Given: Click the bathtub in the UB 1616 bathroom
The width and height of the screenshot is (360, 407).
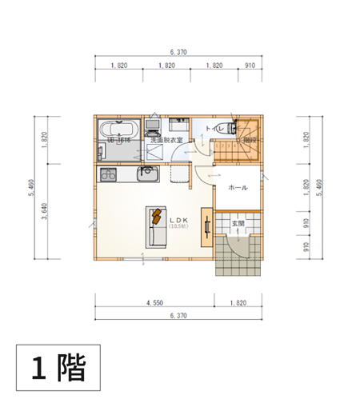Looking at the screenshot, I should click(x=119, y=129).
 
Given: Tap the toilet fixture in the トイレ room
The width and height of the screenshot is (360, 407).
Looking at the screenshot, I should click(x=231, y=128).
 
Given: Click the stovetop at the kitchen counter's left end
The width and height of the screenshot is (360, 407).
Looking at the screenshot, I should click(x=108, y=174).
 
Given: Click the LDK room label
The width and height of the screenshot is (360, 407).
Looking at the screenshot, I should click(x=178, y=219).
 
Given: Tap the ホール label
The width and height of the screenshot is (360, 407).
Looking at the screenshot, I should click(x=238, y=188).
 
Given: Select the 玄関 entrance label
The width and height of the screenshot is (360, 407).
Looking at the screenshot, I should click(x=238, y=223).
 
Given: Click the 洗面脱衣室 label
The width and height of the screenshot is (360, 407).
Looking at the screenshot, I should click(x=166, y=140).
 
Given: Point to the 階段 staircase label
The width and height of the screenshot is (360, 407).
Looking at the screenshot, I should click(x=250, y=141).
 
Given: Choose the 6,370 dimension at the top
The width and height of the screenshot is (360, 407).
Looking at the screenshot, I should click(x=178, y=52).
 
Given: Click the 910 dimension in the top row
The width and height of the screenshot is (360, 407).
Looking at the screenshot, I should click(x=250, y=66).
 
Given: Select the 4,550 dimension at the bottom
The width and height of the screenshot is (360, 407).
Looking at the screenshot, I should click(x=155, y=304).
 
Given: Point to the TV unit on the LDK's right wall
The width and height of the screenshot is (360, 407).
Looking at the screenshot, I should click(x=206, y=227).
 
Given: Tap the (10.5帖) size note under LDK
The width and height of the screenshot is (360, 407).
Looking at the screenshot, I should click(x=178, y=227).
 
